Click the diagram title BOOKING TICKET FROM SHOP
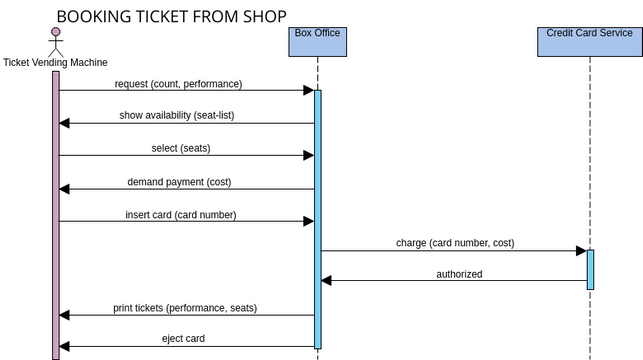point(171,16)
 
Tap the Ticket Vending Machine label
point(56,63)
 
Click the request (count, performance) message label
point(178,84)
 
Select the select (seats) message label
point(181,148)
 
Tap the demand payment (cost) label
point(180,182)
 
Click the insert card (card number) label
point(180,215)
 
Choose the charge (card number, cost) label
point(455,243)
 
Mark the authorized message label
point(459,274)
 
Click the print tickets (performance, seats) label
point(185,308)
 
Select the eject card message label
point(183,339)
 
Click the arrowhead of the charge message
point(580,251)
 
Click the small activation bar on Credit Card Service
point(590,269)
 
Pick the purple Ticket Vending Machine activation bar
point(56,215)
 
